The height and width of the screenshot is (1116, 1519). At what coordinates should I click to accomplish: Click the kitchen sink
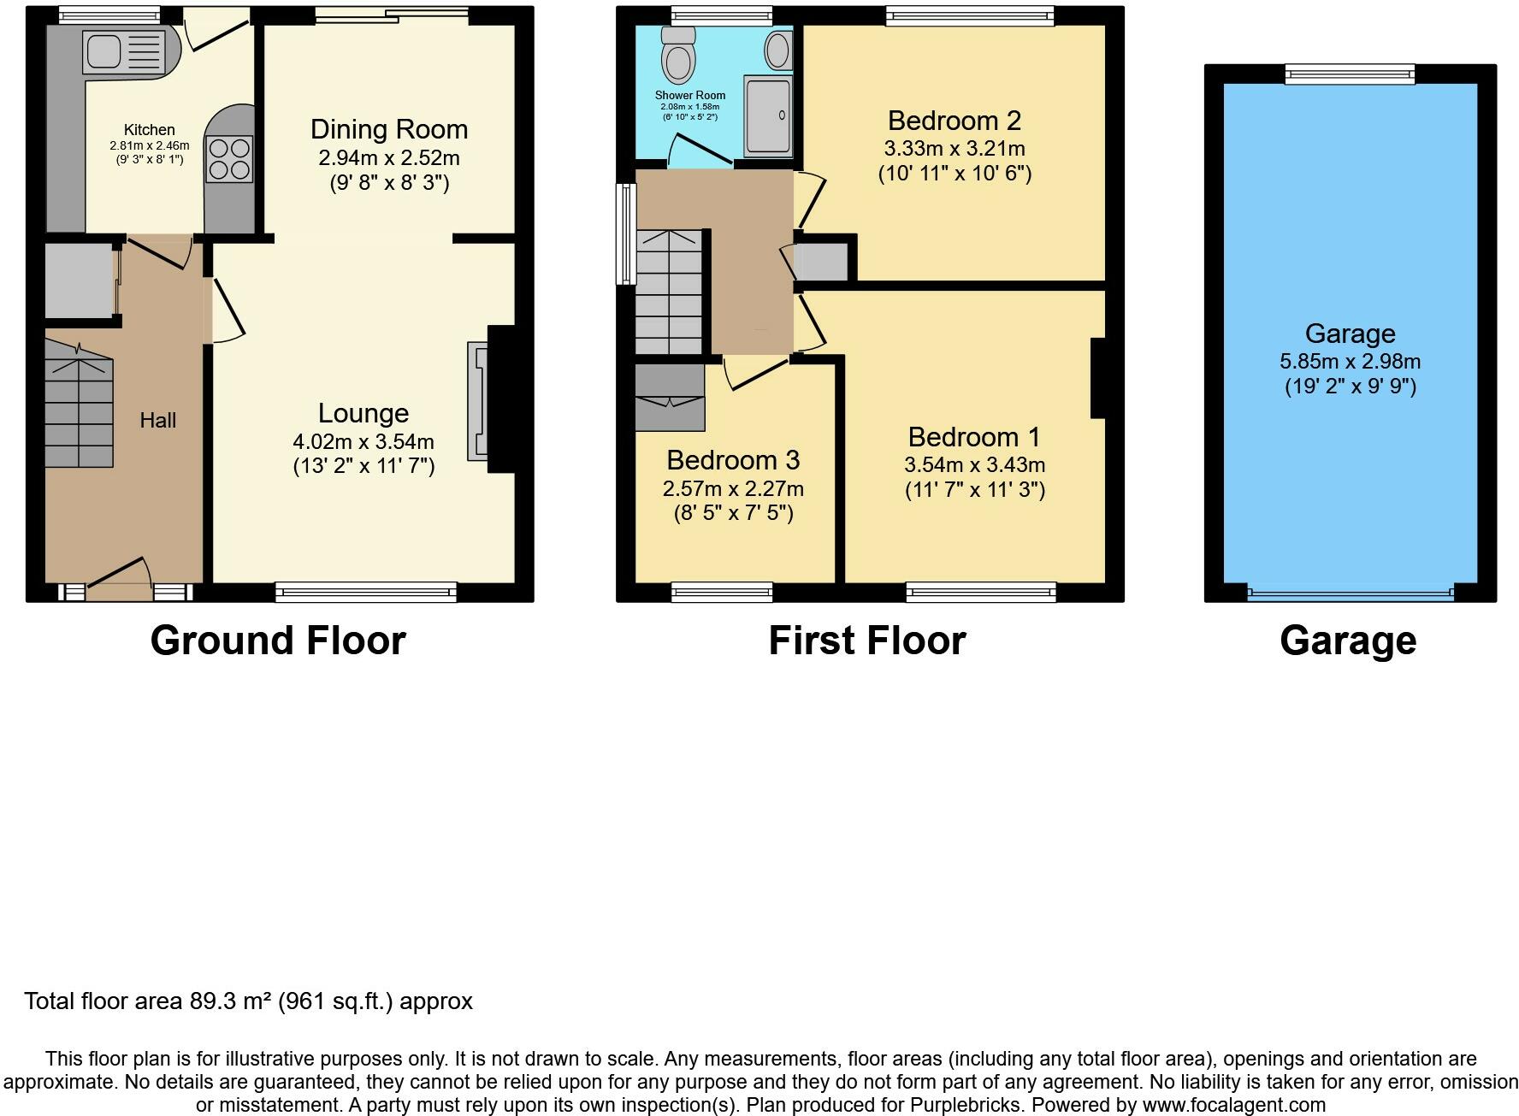click(123, 51)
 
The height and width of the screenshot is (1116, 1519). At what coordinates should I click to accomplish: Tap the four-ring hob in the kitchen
click(229, 159)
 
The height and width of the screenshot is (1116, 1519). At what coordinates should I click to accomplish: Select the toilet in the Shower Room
click(679, 54)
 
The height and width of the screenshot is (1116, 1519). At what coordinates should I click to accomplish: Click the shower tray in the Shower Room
click(768, 115)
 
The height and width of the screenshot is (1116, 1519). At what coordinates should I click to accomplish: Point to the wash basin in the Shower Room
click(778, 50)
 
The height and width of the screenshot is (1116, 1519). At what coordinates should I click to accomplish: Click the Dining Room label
click(389, 129)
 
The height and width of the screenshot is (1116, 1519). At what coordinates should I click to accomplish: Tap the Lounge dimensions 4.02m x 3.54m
click(363, 442)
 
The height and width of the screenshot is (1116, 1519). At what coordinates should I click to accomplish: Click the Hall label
click(158, 420)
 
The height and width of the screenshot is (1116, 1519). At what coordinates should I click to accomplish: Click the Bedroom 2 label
click(955, 121)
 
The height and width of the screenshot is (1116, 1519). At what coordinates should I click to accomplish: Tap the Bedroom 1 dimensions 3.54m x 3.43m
click(975, 465)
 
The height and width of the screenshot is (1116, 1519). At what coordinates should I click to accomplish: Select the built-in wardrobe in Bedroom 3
click(670, 398)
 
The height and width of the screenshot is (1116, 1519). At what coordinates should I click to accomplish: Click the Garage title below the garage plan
click(1348, 641)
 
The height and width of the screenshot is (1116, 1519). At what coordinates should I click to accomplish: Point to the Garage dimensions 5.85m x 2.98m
click(1351, 362)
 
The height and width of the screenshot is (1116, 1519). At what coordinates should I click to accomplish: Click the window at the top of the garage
click(1351, 74)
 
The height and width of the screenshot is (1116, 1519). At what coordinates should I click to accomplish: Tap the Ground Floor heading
click(278, 641)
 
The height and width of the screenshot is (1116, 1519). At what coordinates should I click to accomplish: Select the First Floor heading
click(867, 641)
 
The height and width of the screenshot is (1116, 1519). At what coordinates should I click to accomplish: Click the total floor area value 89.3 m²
click(230, 1001)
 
